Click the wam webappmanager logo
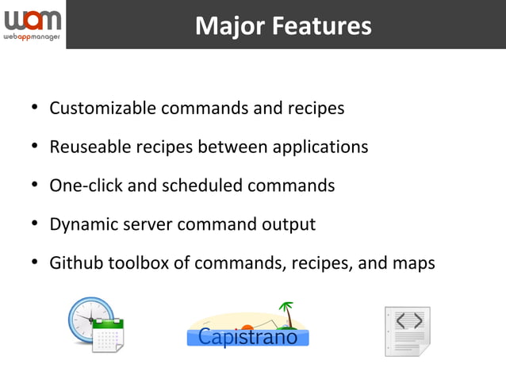[x=32, y=25]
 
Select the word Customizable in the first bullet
[x=102, y=108]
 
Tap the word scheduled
[x=202, y=186]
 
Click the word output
[x=289, y=224]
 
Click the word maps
[x=413, y=263]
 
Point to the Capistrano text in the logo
[x=247, y=337]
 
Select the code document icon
[x=408, y=331]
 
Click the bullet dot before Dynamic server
[x=35, y=225]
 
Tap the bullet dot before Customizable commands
[x=35, y=109]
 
